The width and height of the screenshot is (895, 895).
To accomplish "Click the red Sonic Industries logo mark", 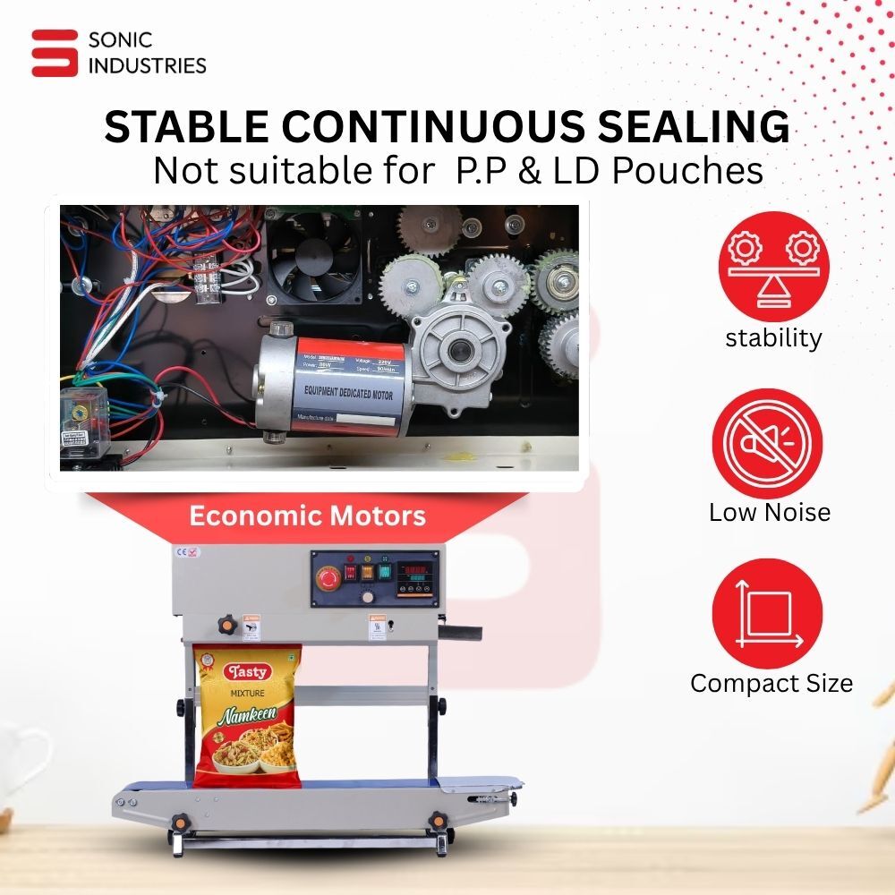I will tap(55, 53).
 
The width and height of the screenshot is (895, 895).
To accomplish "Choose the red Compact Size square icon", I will tap(767, 614).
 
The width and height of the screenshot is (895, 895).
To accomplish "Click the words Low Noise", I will tap(770, 512).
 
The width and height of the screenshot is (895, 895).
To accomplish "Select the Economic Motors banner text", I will tap(308, 516).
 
